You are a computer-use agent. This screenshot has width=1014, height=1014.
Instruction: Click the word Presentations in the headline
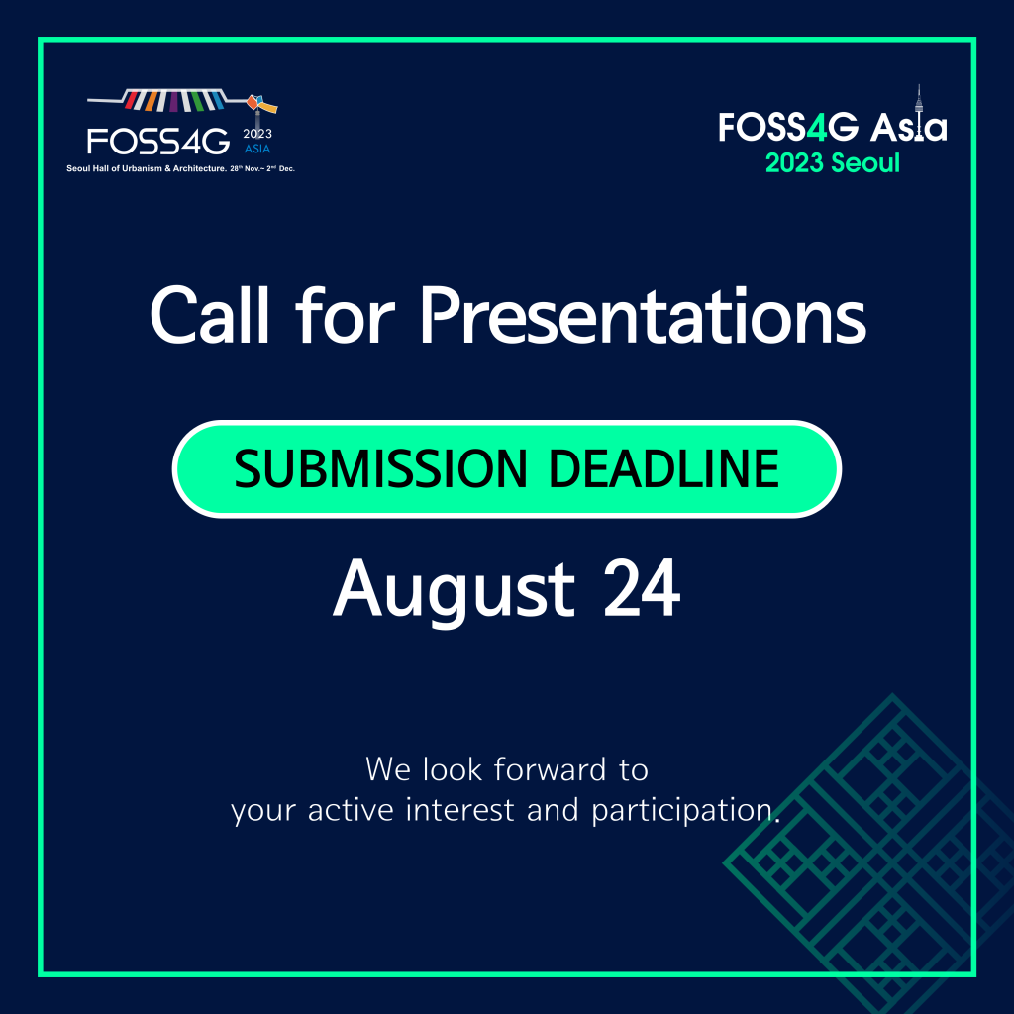click(643, 316)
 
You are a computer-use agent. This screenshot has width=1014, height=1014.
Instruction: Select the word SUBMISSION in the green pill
click(381, 468)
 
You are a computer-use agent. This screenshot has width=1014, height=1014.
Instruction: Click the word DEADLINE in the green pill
click(663, 468)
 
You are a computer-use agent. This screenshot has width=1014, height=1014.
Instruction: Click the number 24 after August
click(642, 588)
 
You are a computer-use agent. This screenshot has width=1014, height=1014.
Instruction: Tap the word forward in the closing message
click(549, 769)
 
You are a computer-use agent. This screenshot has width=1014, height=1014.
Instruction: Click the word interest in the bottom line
click(459, 810)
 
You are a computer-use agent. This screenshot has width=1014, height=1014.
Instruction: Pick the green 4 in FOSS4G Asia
click(817, 127)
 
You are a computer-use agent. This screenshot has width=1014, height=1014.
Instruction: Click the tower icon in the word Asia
click(918, 113)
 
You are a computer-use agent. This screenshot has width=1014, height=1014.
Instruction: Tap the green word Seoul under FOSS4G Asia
click(865, 163)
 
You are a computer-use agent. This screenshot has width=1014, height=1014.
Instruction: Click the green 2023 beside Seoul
click(794, 163)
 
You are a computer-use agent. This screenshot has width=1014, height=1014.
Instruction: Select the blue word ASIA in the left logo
click(257, 149)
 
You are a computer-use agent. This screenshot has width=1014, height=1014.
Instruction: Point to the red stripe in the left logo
click(132, 100)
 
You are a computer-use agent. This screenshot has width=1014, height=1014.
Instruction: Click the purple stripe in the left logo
click(173, 102)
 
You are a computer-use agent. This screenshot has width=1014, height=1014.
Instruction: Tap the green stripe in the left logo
click(197, 101)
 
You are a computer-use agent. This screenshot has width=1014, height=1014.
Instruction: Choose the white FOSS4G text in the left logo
click(158, 141)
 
